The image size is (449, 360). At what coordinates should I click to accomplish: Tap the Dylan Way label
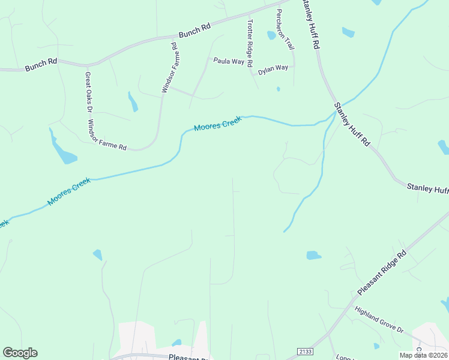click(273, 70)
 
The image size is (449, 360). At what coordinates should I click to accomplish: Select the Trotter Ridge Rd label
click(250, 43)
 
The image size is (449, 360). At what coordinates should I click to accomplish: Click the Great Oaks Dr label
click(88, 92)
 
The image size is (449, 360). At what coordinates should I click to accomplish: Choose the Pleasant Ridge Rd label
click(382, 272)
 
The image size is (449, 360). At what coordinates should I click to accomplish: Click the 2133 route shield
click(305, 351)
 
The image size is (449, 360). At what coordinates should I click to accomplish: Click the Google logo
click(20, 353)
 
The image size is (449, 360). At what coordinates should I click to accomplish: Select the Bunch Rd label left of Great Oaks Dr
click(41, 65)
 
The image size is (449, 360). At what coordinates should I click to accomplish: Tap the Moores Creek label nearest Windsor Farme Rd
click(217, 124)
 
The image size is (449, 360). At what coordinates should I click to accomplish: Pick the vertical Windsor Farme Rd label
click(170, 67)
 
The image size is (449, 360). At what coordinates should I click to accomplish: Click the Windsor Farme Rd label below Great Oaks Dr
click(107, 135)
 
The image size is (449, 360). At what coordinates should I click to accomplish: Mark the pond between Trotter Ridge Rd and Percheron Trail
click(271, 35)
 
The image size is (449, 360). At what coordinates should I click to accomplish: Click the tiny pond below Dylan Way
click(278, 89)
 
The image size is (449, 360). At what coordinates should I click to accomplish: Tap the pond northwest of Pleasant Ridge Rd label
click(313, 255)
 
